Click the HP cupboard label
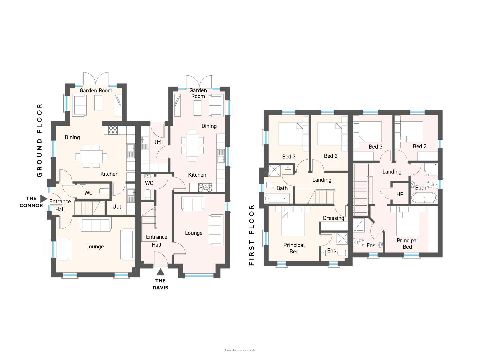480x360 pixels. [x=400, y=194]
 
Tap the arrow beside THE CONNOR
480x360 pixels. [x=44, y=199]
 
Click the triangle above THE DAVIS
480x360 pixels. [x=161, y=272]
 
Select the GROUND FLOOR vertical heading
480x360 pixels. [x=39, y=140]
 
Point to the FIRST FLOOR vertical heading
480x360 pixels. [x=251, y=235]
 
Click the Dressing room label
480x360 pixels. [x=333, y=218]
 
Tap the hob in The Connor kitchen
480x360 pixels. [x=113, y=130]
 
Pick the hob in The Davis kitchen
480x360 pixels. [x=205, y=188]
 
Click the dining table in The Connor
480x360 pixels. [x=91, y=157]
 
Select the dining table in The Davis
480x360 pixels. [x=192, y=145]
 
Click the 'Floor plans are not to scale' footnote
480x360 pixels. [x=240, y=350]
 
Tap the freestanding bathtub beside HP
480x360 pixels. [x=424, y=198]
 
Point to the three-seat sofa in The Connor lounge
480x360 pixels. [x=96, y=224]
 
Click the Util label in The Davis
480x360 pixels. [x=159, y=142]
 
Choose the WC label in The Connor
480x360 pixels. [x=88, y=193]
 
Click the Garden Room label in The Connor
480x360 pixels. [x=96, y=90]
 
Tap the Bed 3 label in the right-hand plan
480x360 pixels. [x=375, y=146]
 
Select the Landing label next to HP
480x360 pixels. [x=392, y=172]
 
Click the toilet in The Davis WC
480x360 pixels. [x=148, y=194]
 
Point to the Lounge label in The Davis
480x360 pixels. [x=194, y=233]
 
